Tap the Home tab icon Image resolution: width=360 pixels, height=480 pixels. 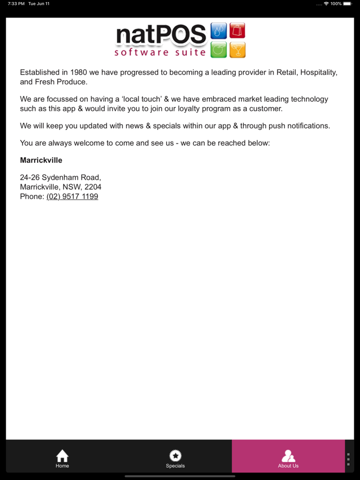(x=62, y=456)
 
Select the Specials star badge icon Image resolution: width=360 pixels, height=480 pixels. (x=175, y=456)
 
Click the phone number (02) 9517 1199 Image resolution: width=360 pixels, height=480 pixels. (x=72, y=196)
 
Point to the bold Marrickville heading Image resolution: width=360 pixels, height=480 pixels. (x=41, y=160)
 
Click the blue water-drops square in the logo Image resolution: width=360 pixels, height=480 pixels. (x=219, y=31)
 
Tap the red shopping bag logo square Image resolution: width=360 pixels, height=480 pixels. (x=237, y=31)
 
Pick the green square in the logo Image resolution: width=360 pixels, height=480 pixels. (x=219, y=49)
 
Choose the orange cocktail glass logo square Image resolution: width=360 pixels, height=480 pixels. (x=237, y=49)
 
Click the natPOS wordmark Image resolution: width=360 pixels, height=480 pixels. (x=161, y=35)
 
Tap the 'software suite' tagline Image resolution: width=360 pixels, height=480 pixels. (x=160, y=52)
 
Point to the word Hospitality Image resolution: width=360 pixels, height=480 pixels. (x=319, y=72)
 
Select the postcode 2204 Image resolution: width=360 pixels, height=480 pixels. (x=93, y=187)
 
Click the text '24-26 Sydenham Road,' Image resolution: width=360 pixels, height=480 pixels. (x=61, y=178)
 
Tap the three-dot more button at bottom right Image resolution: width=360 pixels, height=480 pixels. (x=348, y=459)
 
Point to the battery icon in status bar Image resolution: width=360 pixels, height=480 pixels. (x=348, y=4)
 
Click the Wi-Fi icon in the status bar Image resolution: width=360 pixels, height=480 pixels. (x=326, y=4)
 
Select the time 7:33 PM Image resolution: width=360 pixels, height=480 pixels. (x=16, y=4)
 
